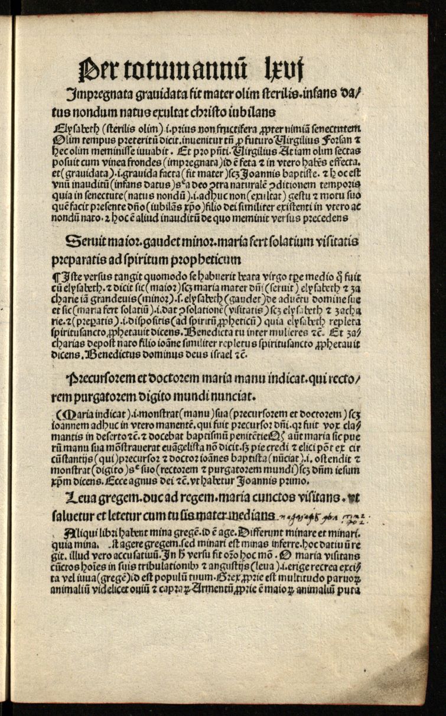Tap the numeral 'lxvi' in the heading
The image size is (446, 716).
click(284, 63)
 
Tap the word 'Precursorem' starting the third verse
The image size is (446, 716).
click(103, 376)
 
